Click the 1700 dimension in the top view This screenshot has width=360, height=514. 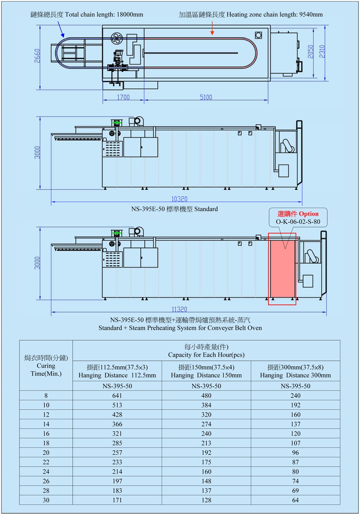(x=123, y=97)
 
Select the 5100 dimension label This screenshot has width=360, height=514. (x=206, y=97)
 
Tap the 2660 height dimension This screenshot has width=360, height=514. (x=37, y=56)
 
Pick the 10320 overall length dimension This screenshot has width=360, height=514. (x=180, y=199)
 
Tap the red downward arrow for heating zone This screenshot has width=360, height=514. (x=212, y=29)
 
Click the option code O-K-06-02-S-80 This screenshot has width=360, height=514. (x=298, y=222)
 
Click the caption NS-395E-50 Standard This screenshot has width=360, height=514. (x=174, y=209)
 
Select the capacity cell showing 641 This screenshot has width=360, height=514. (x=117, y=396)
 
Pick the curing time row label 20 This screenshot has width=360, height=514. (x=46, y=453)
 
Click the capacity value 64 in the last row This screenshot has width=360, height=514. (x=295, y=500)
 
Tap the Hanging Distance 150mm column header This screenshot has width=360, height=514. (x=206, y=371)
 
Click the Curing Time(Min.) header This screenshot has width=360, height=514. (x=46, y=366)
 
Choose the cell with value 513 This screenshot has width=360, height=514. (x=117, y=405)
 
